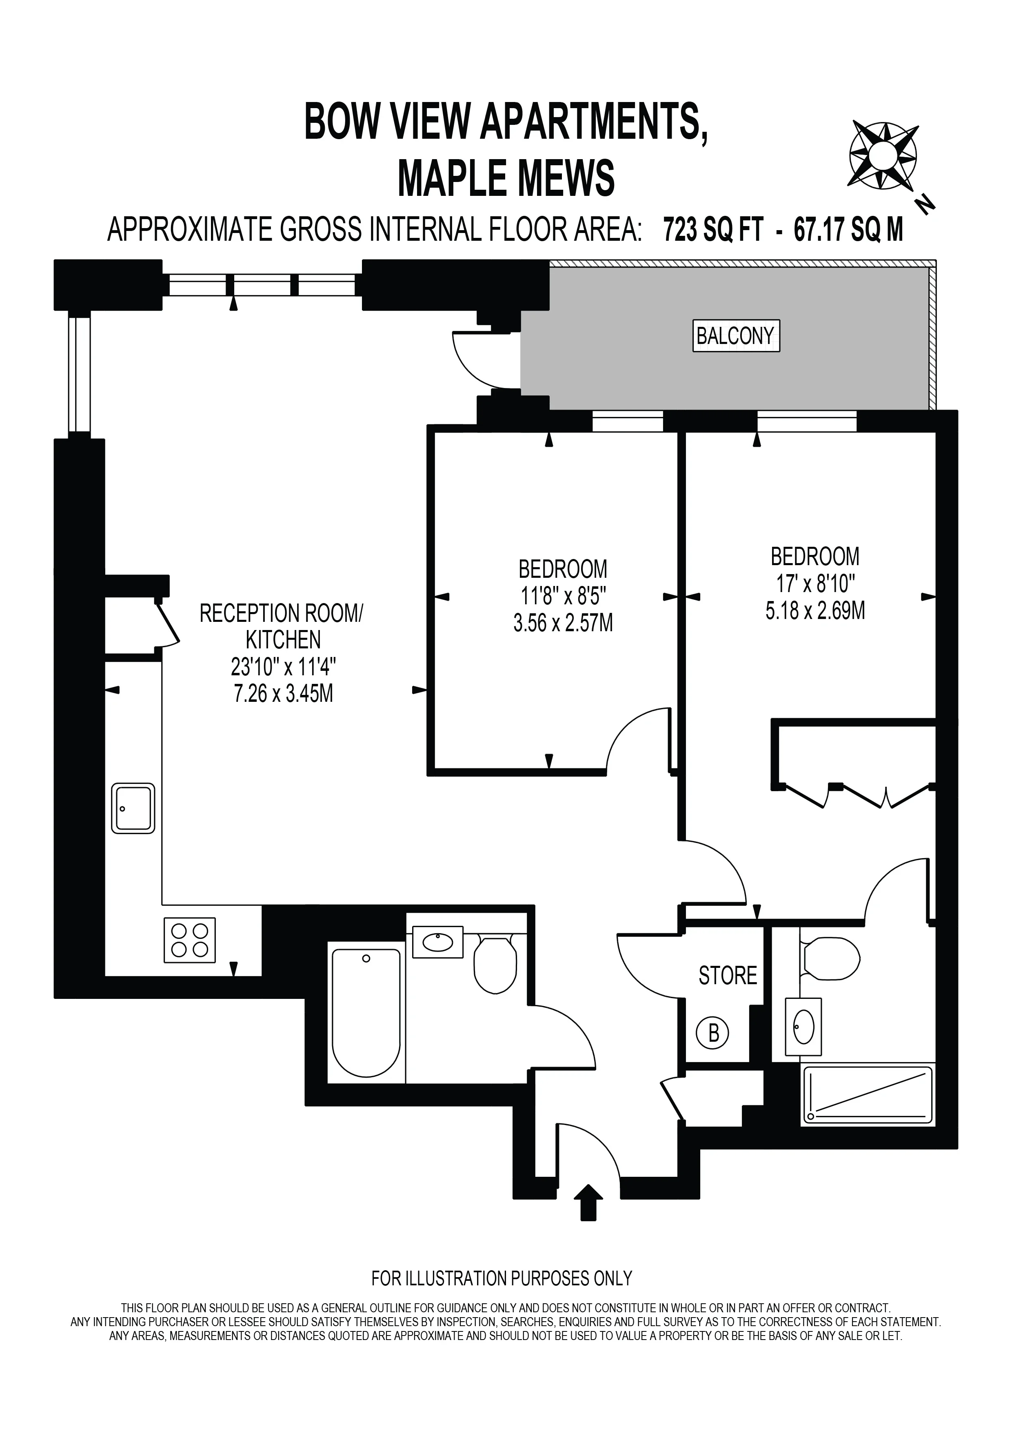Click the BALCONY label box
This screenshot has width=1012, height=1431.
(x=736, y=336)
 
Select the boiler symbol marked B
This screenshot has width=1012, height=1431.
(x=713, y=1033)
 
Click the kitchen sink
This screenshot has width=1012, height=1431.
(x=133, y=808)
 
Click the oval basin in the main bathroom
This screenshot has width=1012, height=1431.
(x=437, y=942)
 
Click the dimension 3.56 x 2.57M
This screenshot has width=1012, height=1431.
(x=563, y=623)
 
